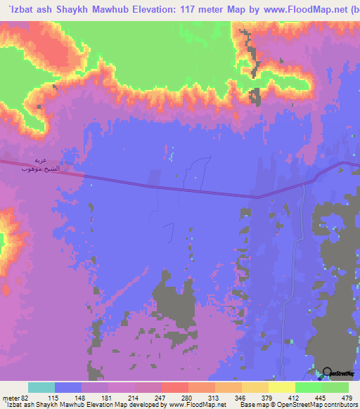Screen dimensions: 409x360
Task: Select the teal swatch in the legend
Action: (41, 388)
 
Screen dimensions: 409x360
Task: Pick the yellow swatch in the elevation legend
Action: (281, 388)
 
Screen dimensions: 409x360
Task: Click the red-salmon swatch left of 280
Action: (174, 388)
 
